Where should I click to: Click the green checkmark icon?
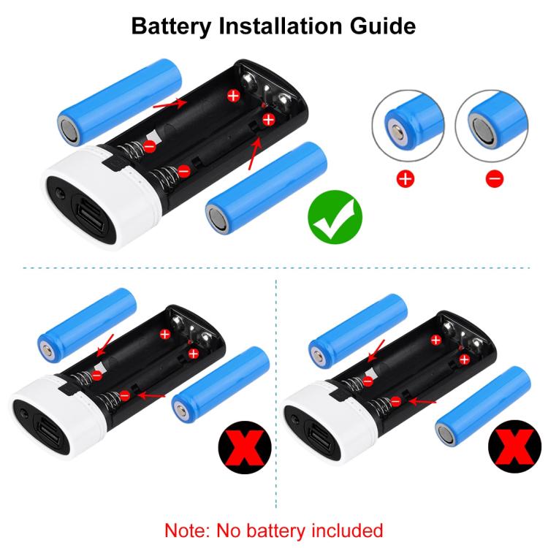coord(335,216)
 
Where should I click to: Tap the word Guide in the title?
coord(380,26)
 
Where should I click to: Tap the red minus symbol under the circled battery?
coord(495,178)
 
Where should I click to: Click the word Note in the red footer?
coord(187,530)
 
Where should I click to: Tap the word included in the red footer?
coord(341,530)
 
